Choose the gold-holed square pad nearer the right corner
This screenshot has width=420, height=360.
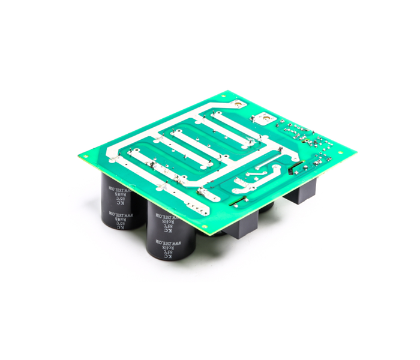262,119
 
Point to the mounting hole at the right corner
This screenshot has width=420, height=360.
340,152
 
